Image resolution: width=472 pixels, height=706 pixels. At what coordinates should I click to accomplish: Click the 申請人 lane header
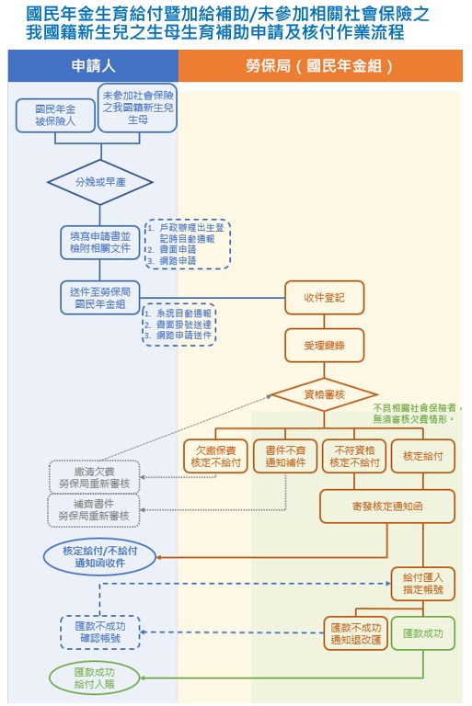92,66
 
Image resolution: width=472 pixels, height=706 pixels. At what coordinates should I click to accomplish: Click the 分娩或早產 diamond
99,182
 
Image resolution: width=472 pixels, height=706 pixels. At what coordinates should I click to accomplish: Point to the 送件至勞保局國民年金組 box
99,296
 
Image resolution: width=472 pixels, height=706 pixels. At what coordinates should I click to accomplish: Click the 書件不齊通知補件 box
284,457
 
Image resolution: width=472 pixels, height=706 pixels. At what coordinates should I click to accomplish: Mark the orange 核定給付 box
422,457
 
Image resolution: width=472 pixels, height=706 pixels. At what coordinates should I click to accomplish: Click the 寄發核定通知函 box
387,506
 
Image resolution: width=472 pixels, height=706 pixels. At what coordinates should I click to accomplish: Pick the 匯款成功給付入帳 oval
94,678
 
